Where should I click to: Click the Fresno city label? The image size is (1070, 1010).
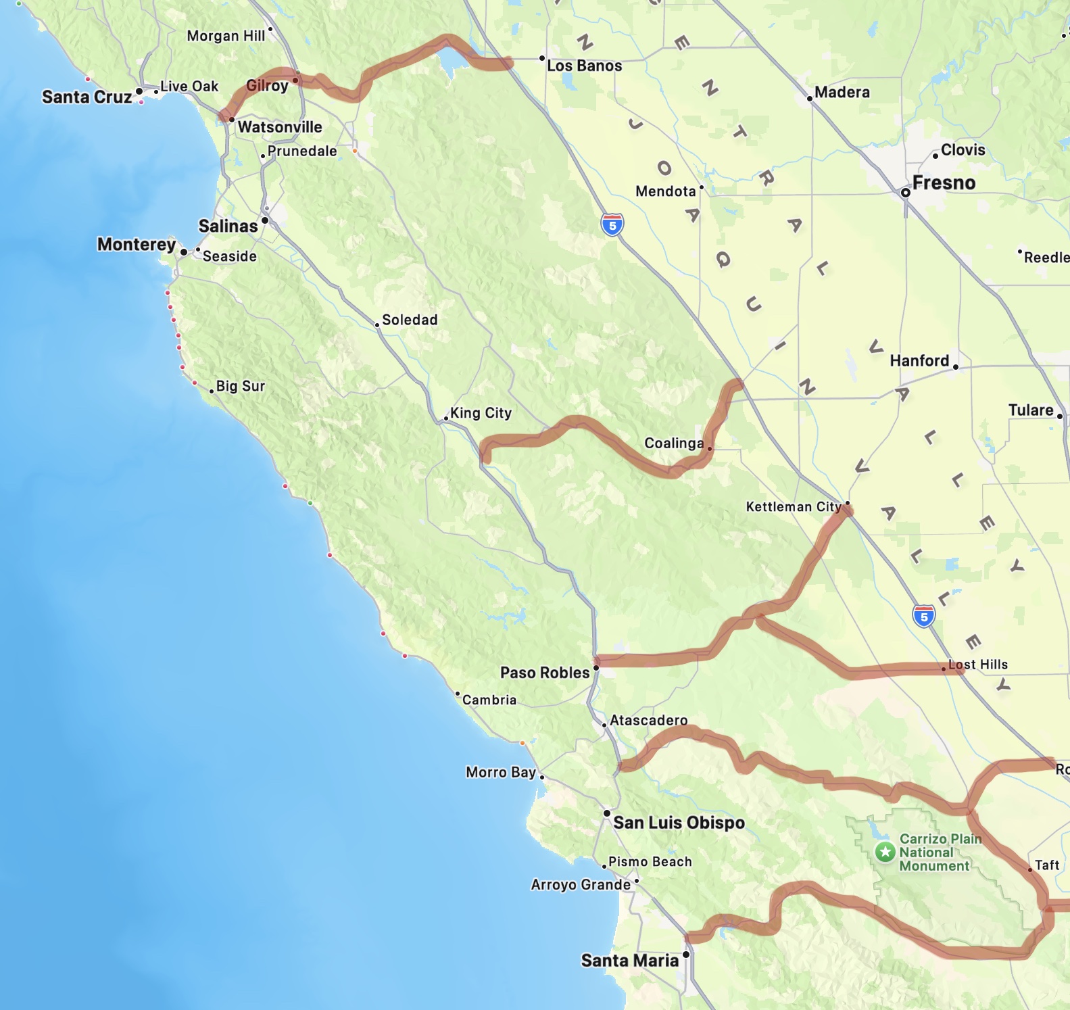click(x=944, y=183)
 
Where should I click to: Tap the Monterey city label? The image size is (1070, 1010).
click(x=137, y=244)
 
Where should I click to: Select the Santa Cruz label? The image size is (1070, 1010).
click(x=87, y=97)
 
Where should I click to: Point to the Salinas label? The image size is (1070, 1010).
click(x=228, y=226)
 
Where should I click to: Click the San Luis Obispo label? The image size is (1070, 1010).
click(x=679, y=822)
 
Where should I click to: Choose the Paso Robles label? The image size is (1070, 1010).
click(x=545, y=673)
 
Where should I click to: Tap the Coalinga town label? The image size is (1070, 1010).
click(x=674, y=443)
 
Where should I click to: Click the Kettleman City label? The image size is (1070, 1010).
click(x=793, y=506)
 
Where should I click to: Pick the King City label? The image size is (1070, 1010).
click(x=481, y=412)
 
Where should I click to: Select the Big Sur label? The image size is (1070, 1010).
click(x=240, y=386)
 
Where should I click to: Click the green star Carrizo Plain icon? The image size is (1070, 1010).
click(x=885, y=852)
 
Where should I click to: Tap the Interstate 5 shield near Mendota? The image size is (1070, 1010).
click(x=612, y=224)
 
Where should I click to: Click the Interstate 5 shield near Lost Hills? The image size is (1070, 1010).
click(x=924, y=616)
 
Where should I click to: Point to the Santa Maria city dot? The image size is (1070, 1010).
click(x=686, y=955)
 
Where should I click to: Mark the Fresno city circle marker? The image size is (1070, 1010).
click(x=906, y=193)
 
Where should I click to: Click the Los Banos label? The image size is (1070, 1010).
click(x=584, y=66)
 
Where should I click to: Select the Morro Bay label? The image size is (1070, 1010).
click(x=500, y=772)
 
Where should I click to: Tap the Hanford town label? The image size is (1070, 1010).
click(x=919, y=360)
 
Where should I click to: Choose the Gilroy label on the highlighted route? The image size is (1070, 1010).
click(x=267, y=85)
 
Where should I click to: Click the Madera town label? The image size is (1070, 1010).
click(x=842, y=92)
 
